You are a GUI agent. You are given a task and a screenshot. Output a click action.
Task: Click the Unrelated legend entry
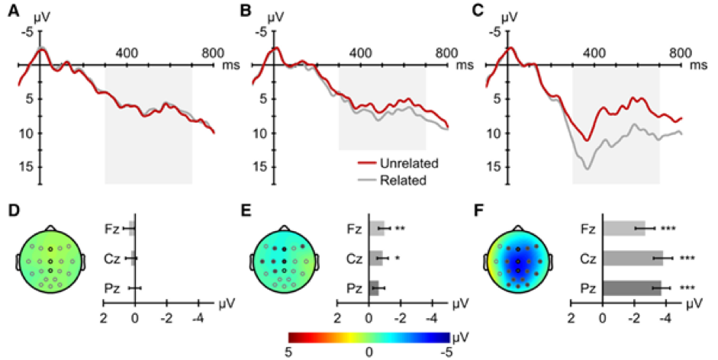coord(396,163)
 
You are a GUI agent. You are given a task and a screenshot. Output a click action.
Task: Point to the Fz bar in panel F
coord(624,227)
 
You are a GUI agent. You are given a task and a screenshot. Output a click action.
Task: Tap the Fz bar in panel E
coord(376,227)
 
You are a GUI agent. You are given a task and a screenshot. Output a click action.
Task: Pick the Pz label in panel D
coord(111,288)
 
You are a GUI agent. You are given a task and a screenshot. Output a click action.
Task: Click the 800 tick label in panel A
coord(212,53)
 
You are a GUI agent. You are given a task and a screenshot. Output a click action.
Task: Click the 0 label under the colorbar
coord(369,352)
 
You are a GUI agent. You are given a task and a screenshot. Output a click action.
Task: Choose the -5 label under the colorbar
coord(448,352)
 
